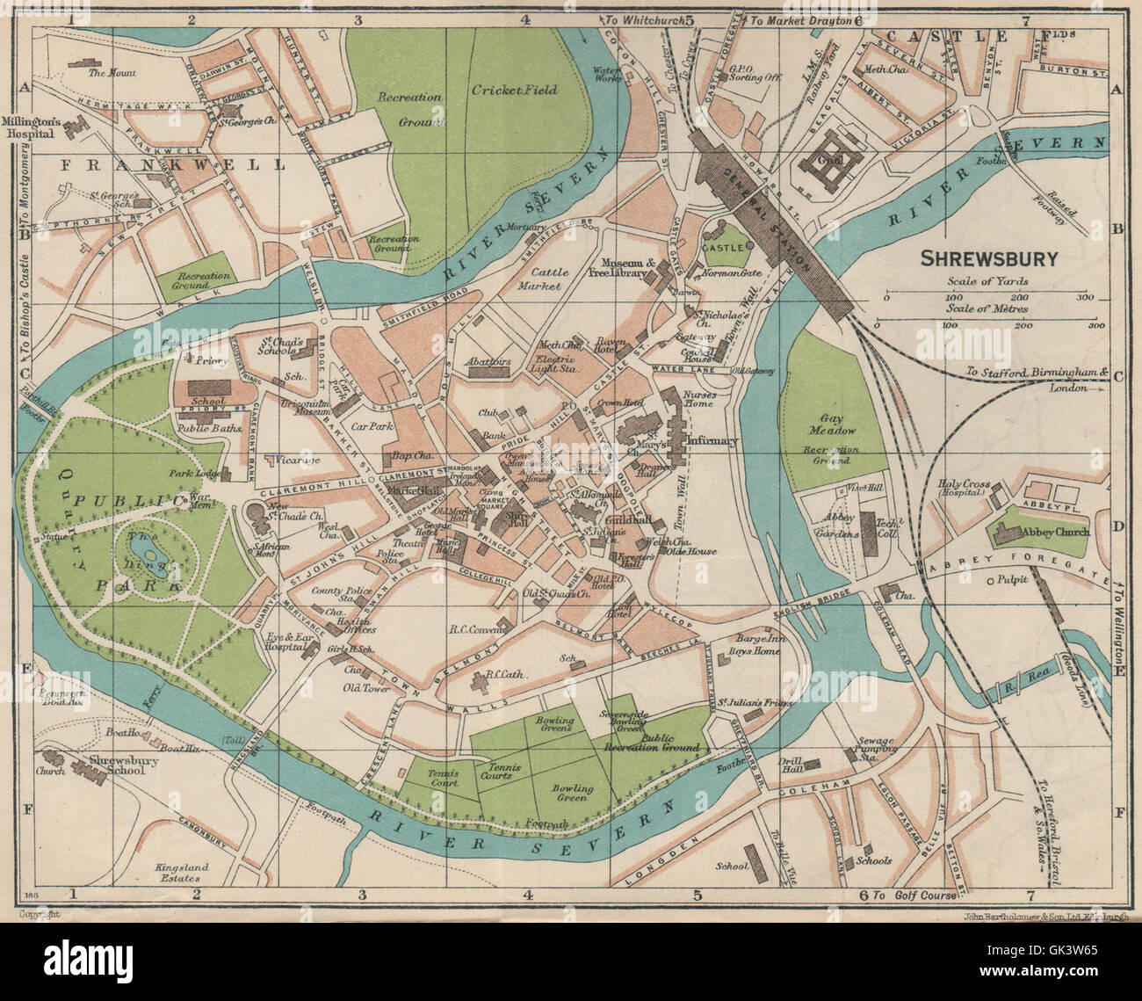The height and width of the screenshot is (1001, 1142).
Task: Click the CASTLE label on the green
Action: (x=734, y=248)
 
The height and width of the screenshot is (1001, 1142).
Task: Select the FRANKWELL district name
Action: (x=172, y=164)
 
